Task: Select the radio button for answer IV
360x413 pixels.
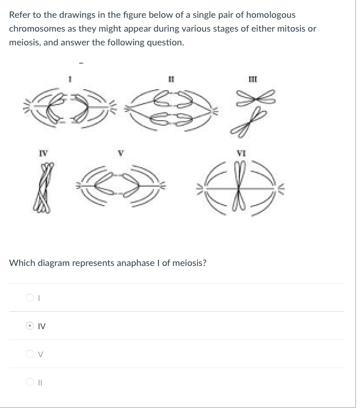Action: [30, 326]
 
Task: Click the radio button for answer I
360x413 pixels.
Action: [30, 298]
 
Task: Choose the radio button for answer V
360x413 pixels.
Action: [30, 354]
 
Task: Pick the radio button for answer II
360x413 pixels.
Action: [30, 381]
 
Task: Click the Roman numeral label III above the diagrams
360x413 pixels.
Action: [253, 79]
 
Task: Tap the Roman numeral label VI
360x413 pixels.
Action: [241, 153]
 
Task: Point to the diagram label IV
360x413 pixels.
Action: [44, 153]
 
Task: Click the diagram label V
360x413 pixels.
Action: [121, 153]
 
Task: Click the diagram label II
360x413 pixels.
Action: [171, 79]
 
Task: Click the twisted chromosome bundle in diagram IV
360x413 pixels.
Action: [44, 187]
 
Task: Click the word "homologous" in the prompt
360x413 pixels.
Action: [271, 15]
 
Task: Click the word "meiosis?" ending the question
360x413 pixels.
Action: [189, 263]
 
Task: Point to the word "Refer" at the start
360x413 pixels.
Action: [20, 15]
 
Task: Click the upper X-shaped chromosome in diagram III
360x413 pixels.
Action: [256, 98]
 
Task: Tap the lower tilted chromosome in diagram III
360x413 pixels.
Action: [249, 122]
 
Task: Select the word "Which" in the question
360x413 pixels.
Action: [22, 263]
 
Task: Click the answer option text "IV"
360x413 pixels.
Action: [41, 326]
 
